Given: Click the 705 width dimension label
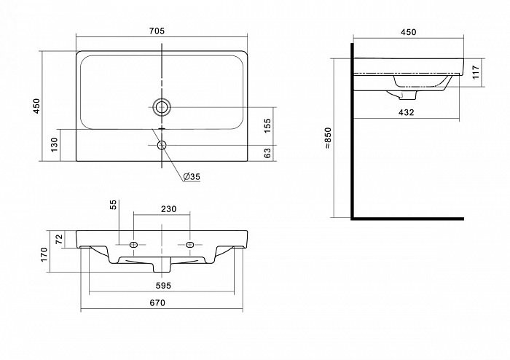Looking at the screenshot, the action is (157, 31).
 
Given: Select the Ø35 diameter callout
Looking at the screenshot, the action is (192, 176).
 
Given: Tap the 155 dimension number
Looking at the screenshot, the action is (267, 125).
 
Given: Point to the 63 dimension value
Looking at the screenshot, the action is (267, 153).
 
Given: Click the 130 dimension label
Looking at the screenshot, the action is (54, 144).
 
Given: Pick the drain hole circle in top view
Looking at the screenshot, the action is (161, 106).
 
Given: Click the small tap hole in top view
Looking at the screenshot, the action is (162, 145).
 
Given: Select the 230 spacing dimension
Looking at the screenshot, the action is (168, 208).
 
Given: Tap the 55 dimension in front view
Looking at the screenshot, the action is (113, 205).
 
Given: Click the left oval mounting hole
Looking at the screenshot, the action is (133, 245).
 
